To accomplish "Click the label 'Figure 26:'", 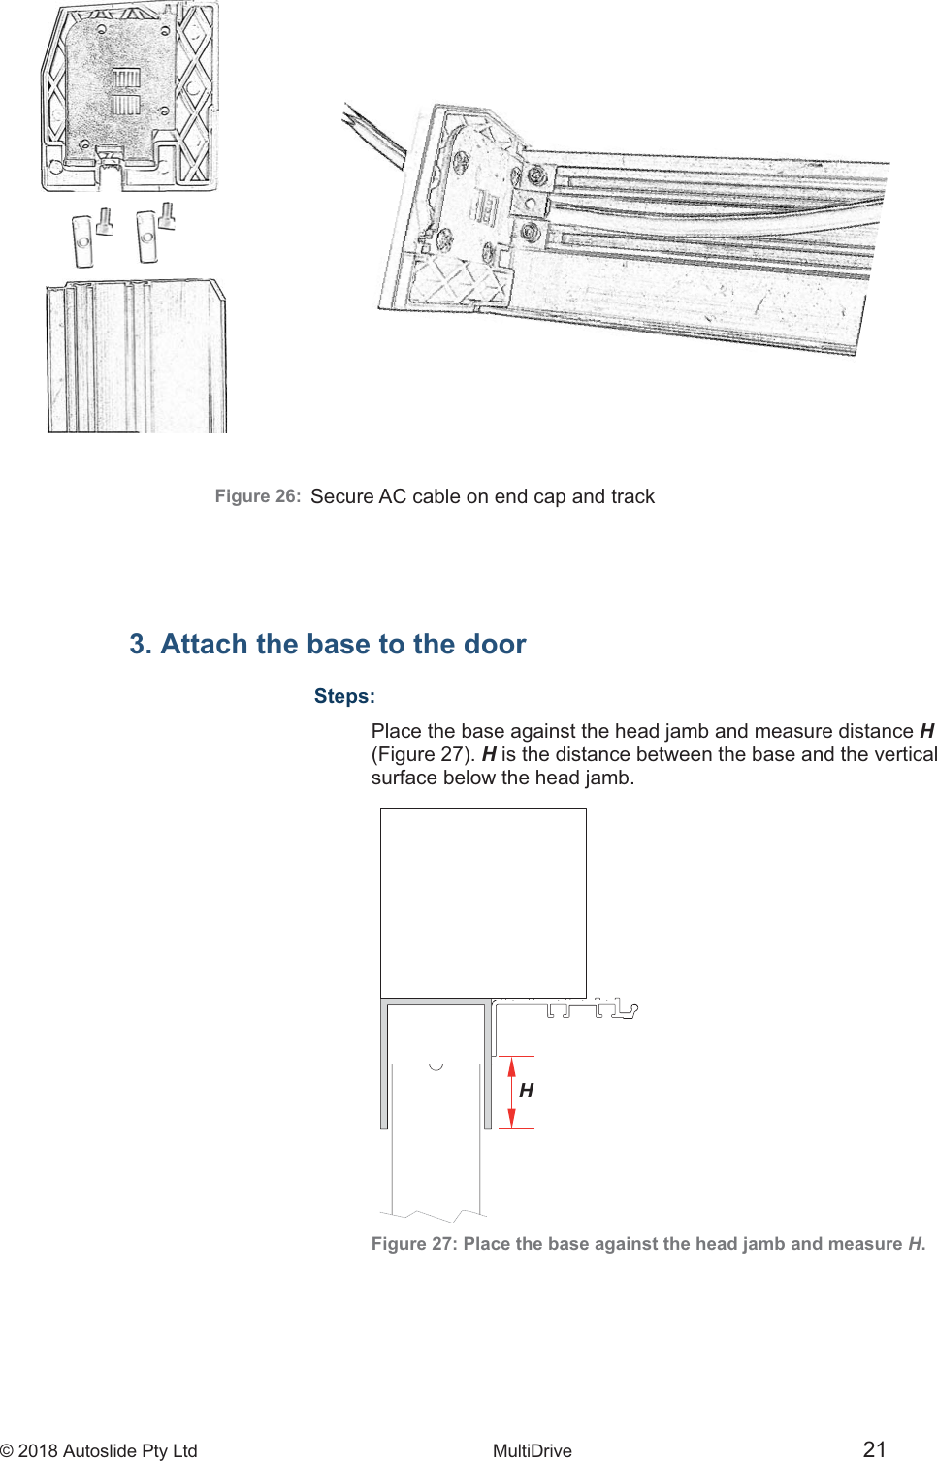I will pyautogui.click(x=257, y=496).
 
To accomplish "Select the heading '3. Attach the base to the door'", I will pyautogui.click(x=328, y=644).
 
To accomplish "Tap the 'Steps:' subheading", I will pyautogui.click(x=344, y=696).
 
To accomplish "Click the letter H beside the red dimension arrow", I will pyautogui.click(x=527, y=1091).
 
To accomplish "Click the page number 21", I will pyautogui.click(x=874, y=1449).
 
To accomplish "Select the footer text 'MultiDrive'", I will pyautogui.click(x=532, y=1450).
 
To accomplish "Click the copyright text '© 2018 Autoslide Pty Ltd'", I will pyautogui.click(x=99, y=1450).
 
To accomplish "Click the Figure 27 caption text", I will pyautogui.click(x=648, y=1244).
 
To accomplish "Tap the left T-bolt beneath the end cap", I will pyautogui.click(x=90, y=238).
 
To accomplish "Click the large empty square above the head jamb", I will pyautogui.click(x=483, y=902).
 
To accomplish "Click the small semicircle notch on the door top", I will pyautogui.click(x=436, y=1066).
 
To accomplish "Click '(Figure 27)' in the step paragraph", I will pyautogui.click(x=423, y=754).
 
